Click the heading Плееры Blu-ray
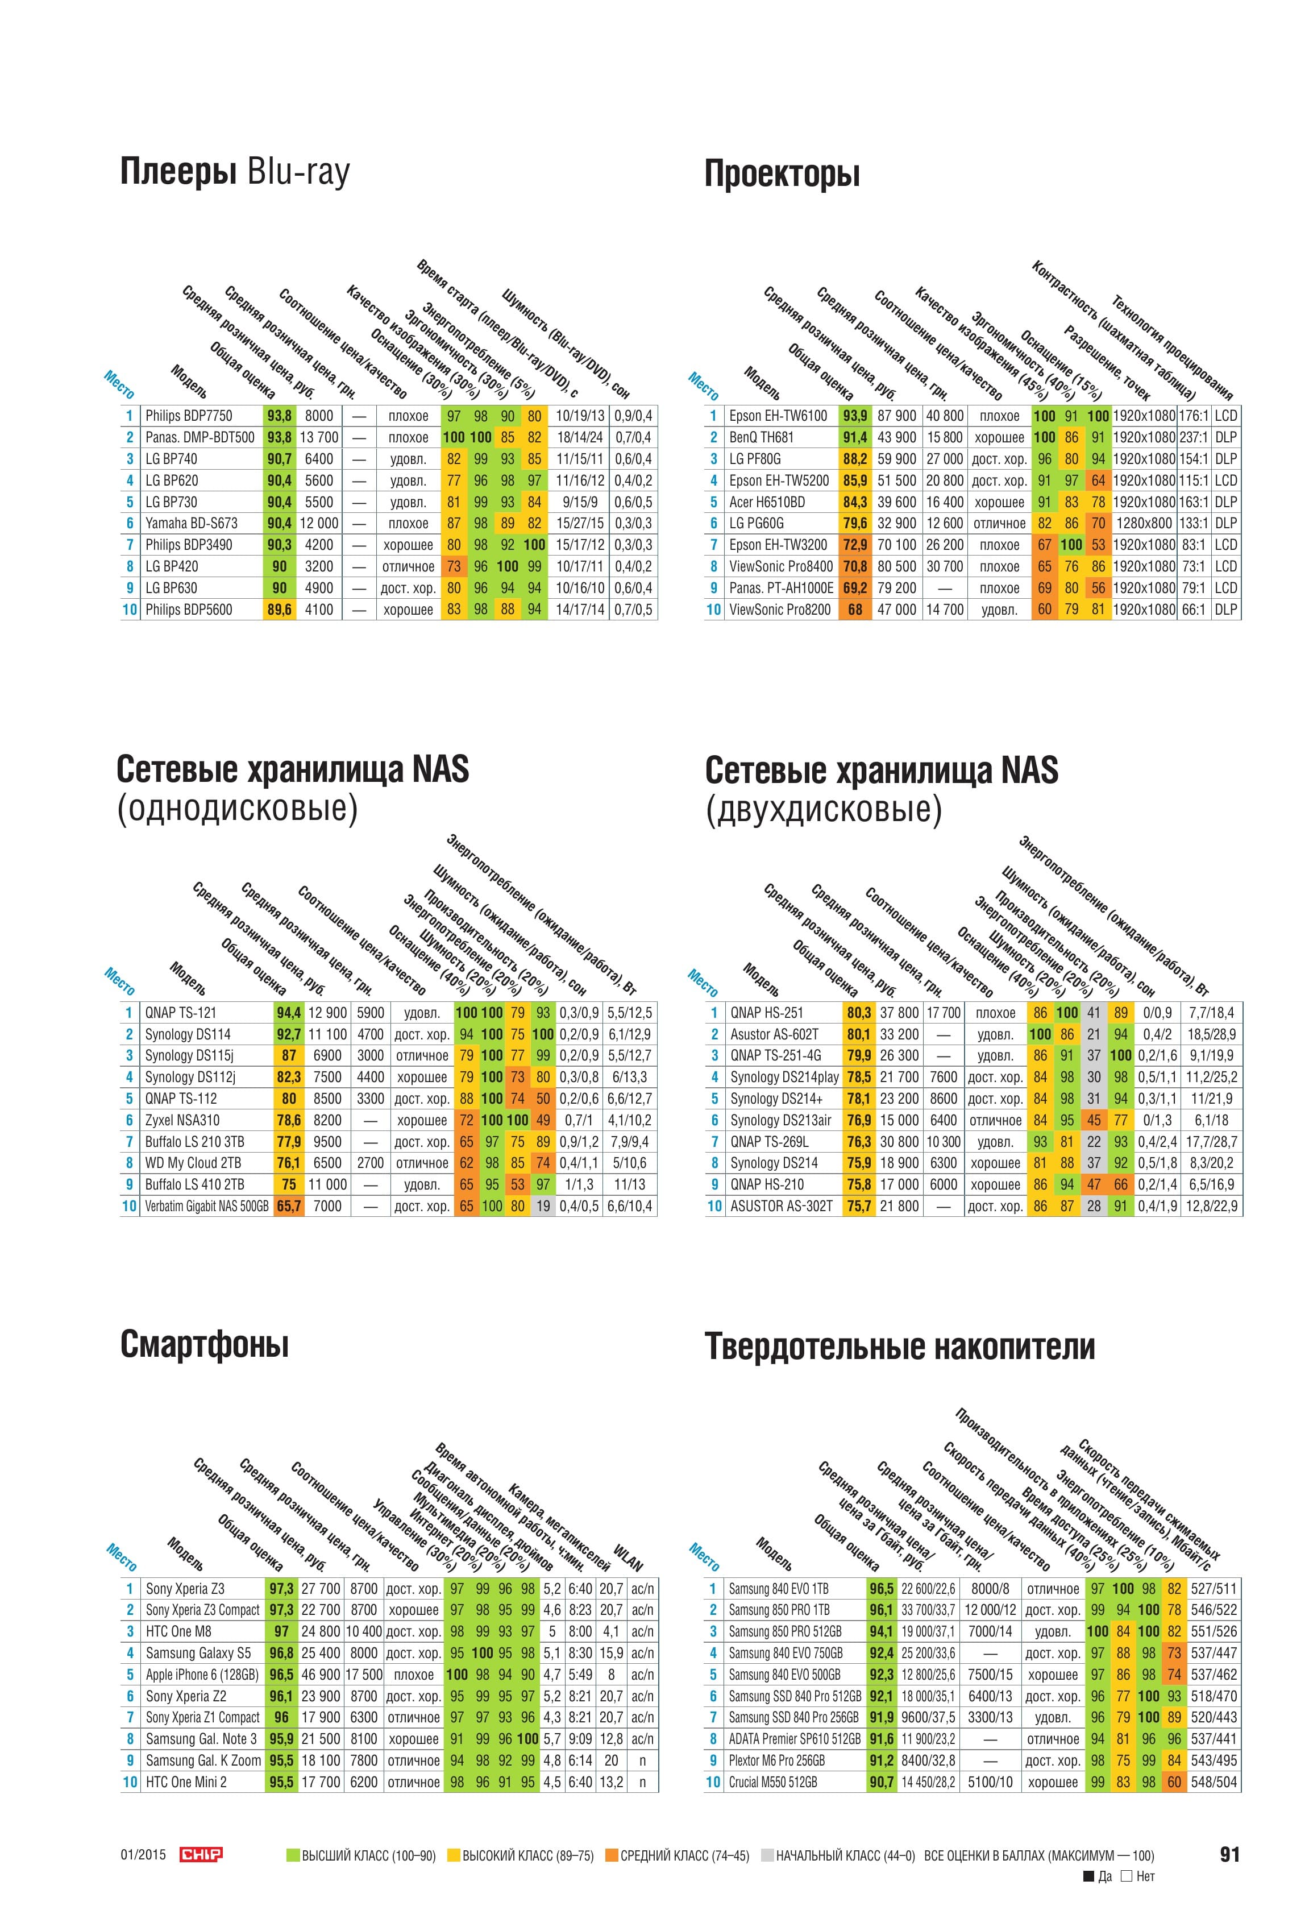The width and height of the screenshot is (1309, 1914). [235, 173]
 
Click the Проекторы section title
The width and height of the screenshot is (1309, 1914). [782, 175]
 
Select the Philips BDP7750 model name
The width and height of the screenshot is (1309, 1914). [189, 416]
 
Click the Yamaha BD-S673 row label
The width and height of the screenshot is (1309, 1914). [191, 523]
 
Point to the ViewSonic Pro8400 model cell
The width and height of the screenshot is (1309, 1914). [780, 566]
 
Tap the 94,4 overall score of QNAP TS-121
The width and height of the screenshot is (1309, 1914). [289, 1013]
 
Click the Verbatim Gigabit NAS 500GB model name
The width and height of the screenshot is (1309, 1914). [207, 1205]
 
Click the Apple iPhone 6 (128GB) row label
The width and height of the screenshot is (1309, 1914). [202, 1675]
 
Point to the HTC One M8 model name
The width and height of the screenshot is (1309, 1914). [178, 1631]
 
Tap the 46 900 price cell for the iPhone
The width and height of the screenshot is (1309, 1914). [320, 1675]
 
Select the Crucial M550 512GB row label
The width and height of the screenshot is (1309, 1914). [773, 1782]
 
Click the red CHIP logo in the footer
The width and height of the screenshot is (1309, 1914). [201, 1855]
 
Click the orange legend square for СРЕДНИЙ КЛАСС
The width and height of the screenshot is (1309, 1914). [611, 1855]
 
